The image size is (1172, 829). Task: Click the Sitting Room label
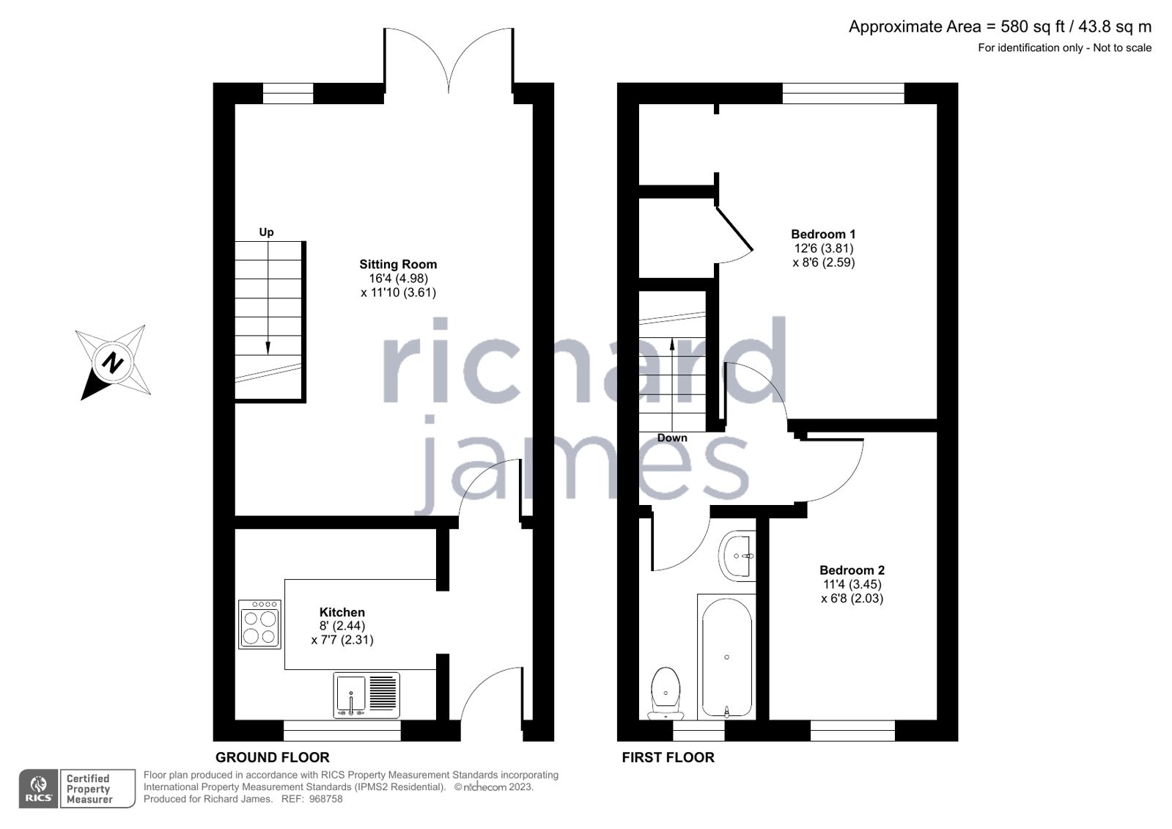398,265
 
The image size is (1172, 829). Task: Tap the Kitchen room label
342,612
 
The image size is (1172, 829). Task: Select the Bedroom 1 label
823,235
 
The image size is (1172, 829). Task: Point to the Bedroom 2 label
852,570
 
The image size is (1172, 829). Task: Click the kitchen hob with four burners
259,624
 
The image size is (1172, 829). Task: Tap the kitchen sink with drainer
366,695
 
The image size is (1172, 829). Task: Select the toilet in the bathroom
666,692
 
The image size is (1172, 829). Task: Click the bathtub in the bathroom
726,657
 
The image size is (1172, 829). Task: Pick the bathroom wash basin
737,556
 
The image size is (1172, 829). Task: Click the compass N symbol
113,362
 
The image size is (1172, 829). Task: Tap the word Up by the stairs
266,232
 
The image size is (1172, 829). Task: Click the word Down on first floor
672,438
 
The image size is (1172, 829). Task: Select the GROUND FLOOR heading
272,757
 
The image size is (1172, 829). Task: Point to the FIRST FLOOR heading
668,757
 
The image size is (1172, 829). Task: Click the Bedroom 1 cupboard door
734,229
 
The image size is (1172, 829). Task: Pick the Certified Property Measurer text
89,789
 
